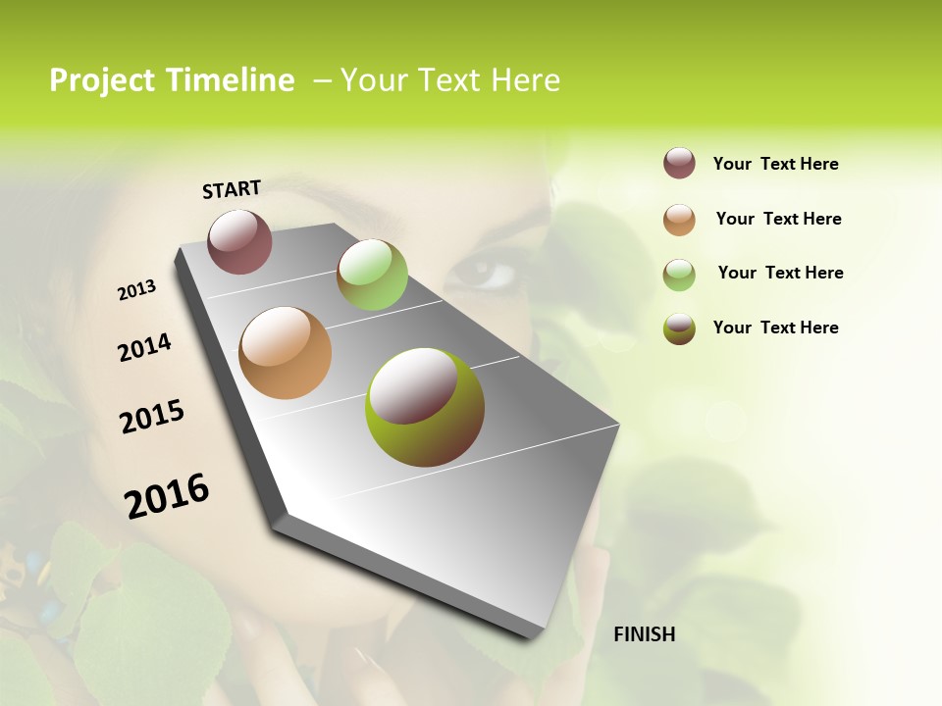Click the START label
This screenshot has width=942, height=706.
point(232,189)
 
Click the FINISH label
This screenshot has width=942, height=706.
point(644,634)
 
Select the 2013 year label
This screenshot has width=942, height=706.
point(136,290)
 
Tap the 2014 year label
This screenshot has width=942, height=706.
point(144,347)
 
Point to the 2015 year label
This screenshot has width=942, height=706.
point(152,417)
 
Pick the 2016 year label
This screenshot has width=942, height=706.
point(167,496)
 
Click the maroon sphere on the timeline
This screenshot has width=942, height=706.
point(239,241)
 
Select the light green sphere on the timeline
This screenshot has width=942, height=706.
point(372,275)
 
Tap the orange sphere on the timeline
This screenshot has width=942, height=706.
point(285,353)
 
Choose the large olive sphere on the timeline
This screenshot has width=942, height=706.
point(425,407)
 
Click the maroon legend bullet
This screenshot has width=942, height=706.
point(679,163)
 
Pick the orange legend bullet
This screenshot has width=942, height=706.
point(679,219)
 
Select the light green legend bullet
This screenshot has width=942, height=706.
point(679,274)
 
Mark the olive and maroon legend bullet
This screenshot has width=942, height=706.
point(679,328)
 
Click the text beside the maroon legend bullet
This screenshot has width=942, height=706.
point(775,164)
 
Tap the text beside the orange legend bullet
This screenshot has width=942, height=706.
point(778,219)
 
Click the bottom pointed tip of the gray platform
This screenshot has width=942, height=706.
point(530,635)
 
